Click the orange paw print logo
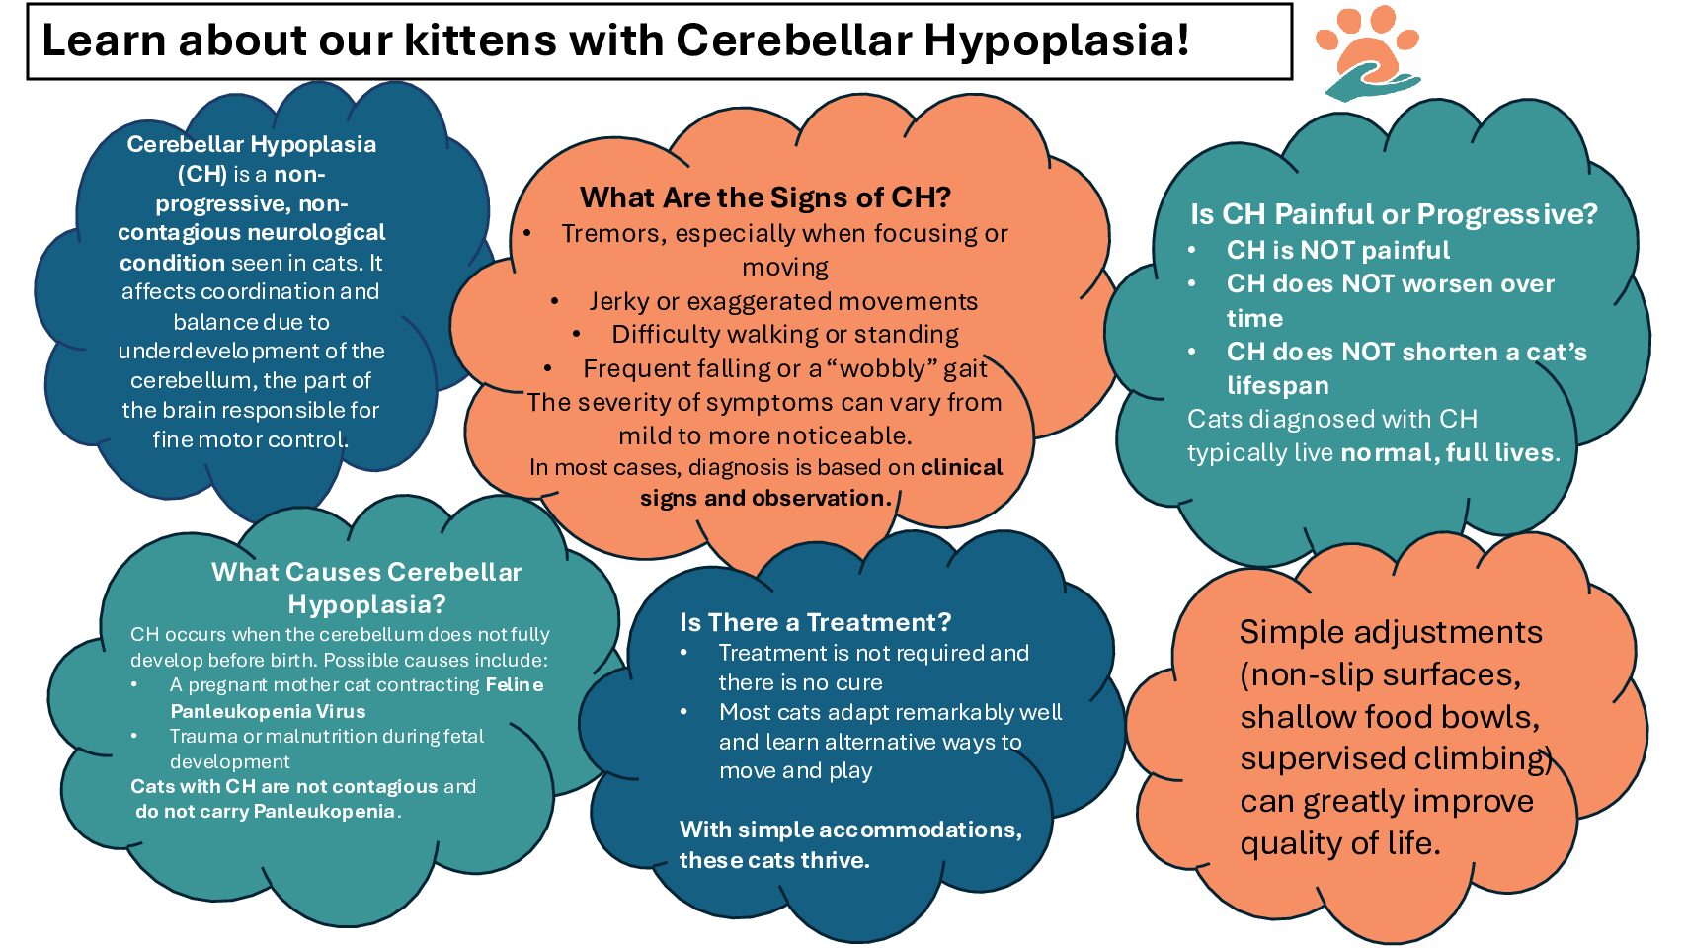coord(1368,51)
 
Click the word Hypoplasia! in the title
coord(1056,40)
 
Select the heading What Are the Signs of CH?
coord(764,197)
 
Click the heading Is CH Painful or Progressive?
coord(1393,214)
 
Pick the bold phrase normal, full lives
coord(1448,452)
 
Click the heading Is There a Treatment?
coord(815,622)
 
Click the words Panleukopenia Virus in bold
coord(268,711)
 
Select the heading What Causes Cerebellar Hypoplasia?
coord(366,588)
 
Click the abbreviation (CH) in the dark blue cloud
coord(202,174)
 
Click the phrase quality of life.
coord(1339,843)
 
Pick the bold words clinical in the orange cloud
coord(961,467)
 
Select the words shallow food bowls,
coord(1389,717)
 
